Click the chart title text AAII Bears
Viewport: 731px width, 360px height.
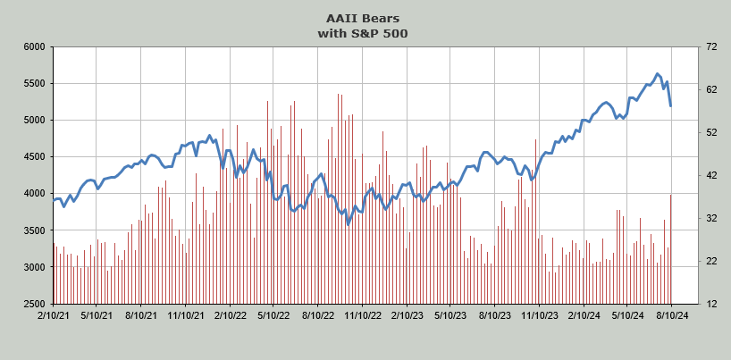point(363,19)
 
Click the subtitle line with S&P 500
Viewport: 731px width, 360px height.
point(363,34)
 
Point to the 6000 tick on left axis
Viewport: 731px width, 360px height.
point(36,47)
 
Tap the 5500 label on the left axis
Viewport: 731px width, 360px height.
point(36,84)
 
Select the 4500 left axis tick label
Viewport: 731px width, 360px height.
point(36,157)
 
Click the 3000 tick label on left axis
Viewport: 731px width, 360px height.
point(36,267)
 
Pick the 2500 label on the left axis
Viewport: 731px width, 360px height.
point(36,304)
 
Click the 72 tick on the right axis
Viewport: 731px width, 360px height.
point(711,47)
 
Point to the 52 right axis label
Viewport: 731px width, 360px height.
point(711,133)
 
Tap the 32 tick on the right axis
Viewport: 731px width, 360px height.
point(711,218)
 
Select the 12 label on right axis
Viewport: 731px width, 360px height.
point(711,304)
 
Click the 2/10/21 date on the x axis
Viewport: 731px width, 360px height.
point(54,315)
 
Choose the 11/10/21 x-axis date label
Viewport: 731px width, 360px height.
point(186,315)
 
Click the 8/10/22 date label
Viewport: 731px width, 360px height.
point(318,315)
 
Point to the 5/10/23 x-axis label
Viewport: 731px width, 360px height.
point(450,315)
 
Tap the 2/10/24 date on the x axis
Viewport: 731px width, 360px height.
point(584,315)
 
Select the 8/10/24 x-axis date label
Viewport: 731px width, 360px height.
point(671,315)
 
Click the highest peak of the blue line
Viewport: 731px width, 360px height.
point(657,73)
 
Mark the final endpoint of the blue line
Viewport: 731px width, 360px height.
point(671,106)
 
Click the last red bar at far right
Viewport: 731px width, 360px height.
point(671,249)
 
